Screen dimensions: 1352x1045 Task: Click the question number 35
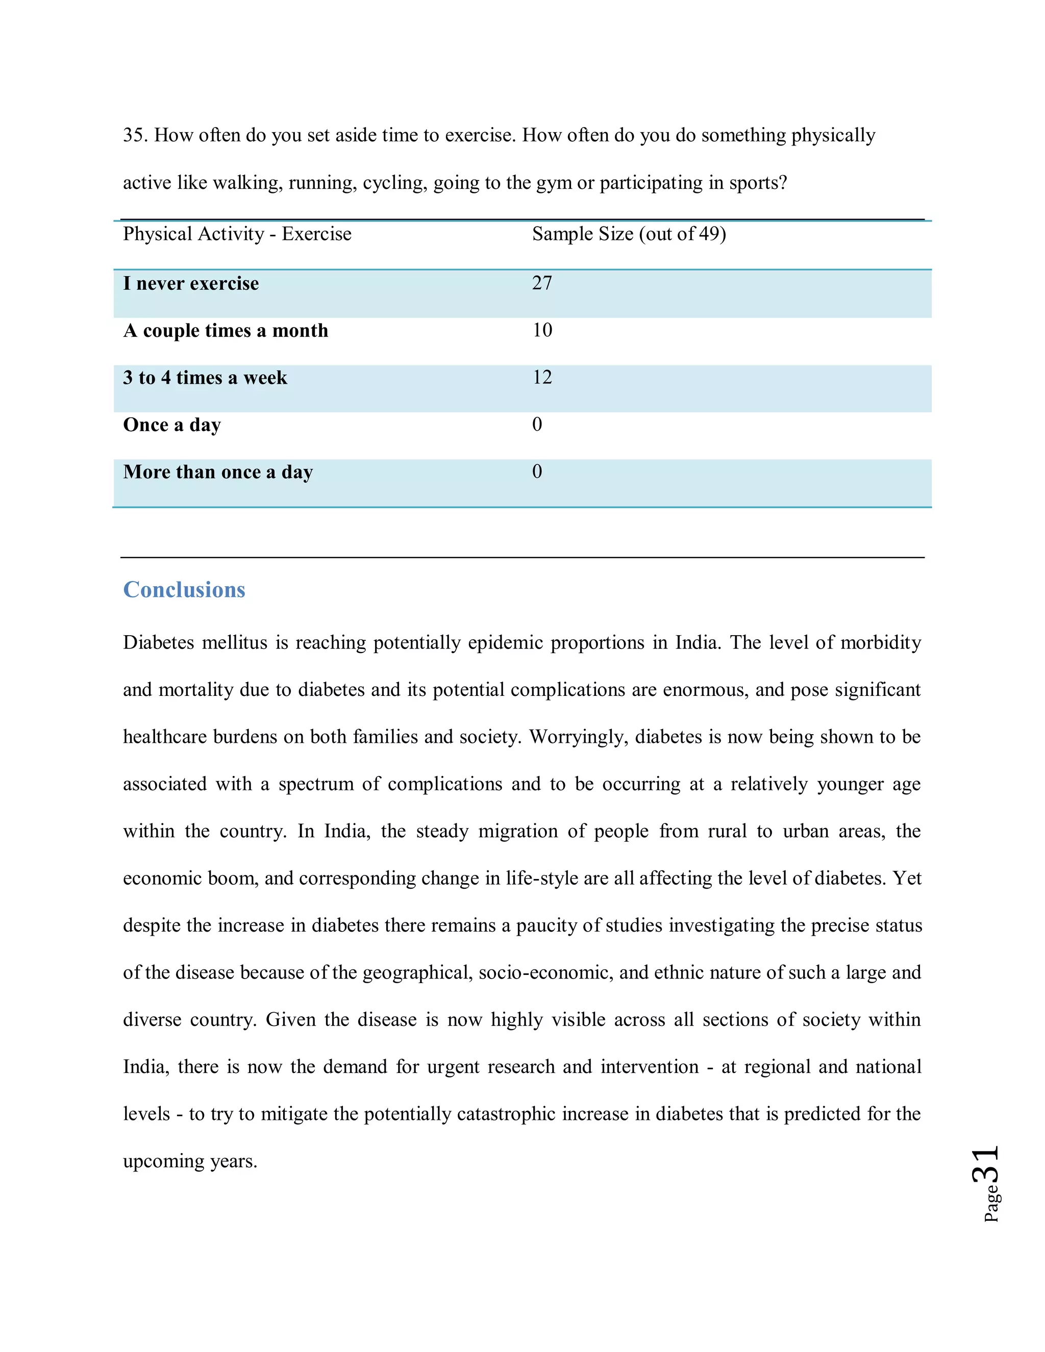point(134,135)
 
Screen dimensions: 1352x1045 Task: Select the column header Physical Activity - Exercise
point(237,234)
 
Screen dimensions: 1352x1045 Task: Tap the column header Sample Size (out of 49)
point(628,234)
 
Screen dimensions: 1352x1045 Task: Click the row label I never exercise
point(191,284)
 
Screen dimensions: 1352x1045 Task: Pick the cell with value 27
point(542,283)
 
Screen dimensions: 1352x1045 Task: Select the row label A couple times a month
point(226,331)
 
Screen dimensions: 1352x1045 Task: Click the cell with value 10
point(542,330)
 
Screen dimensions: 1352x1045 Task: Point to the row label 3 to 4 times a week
point(205,378)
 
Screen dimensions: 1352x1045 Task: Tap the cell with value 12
point(542,377)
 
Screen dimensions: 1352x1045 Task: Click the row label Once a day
point(171,424)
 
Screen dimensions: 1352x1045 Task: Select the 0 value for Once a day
point(537,424)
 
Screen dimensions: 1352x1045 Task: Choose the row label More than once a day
point(218,472)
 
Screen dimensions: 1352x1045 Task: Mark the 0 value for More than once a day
point(537,471)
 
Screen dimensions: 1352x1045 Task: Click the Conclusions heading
point(184,589)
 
